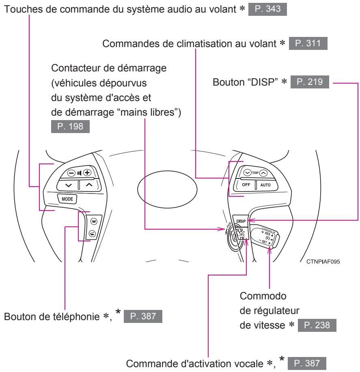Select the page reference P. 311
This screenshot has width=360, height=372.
(x=310, y=43)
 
